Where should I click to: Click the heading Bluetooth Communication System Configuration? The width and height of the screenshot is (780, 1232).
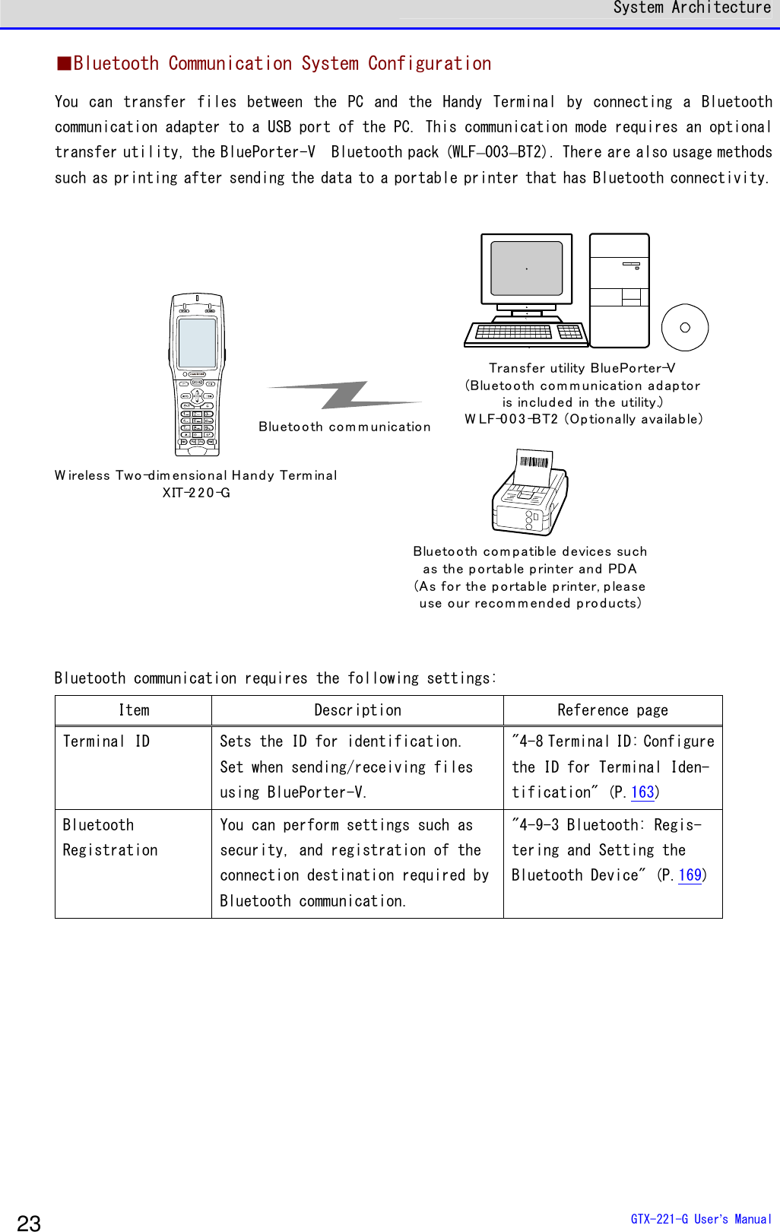click(281, 64)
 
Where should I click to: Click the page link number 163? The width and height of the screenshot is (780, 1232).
click(642, 792)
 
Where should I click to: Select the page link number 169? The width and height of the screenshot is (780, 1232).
click(690, 875)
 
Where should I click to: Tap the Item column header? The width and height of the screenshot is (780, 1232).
click(134, 710)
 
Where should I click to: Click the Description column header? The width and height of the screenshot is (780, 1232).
click(357, 710)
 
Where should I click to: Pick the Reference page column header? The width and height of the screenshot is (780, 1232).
click(612, 710)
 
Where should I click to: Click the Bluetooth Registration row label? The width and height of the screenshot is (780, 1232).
click(109, 837)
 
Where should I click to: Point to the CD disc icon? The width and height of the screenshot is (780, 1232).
click(684, 328)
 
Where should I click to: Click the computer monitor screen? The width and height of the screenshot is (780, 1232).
click(526, 268)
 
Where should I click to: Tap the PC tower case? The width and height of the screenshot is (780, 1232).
click(620, 290)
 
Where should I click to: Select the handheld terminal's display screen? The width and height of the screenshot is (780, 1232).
click(197, 343)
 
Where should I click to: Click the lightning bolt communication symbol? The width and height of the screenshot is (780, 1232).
click(346, 395)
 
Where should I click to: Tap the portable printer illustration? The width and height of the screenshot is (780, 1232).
click(530, 494)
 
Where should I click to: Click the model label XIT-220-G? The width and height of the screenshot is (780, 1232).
click(196, 493)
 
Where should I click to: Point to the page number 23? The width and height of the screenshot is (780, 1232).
click(29, 1222)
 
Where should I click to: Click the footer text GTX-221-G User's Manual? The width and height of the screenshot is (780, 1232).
click(700, 1219)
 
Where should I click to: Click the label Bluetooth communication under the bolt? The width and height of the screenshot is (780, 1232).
click(344, 427)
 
